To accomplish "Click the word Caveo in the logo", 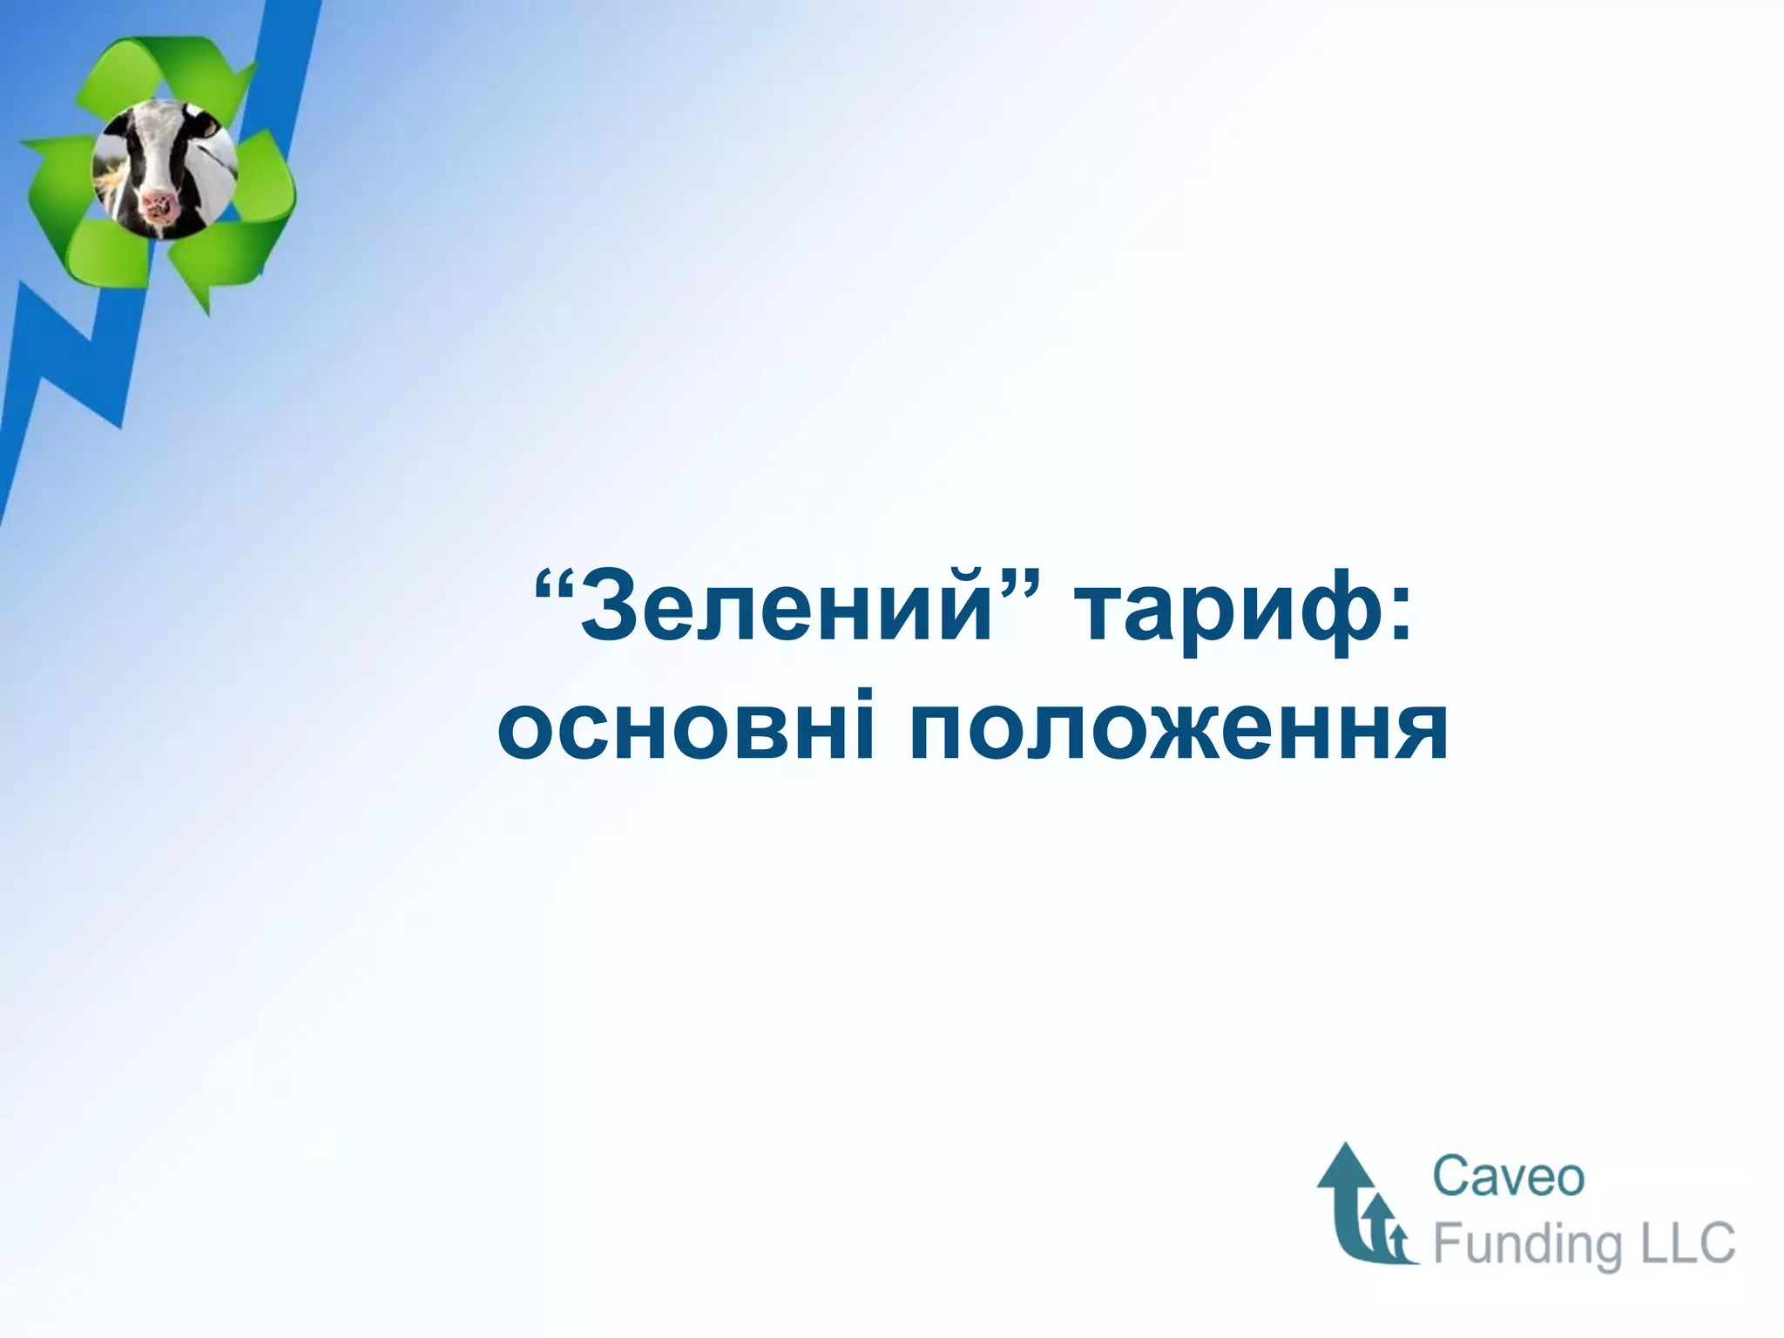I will click(1508, 1177).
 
